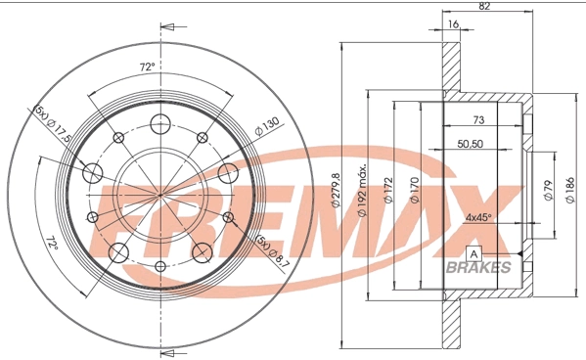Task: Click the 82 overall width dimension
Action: click(x=484, y=6)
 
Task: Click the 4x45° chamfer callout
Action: click(x=479, y=217)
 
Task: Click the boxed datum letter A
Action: click(x=474, y=254)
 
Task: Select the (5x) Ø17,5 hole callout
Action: click(x=54, y=124)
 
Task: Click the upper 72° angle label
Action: click(x=147, y=67)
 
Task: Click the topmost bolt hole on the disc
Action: click(x=158, y=122)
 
